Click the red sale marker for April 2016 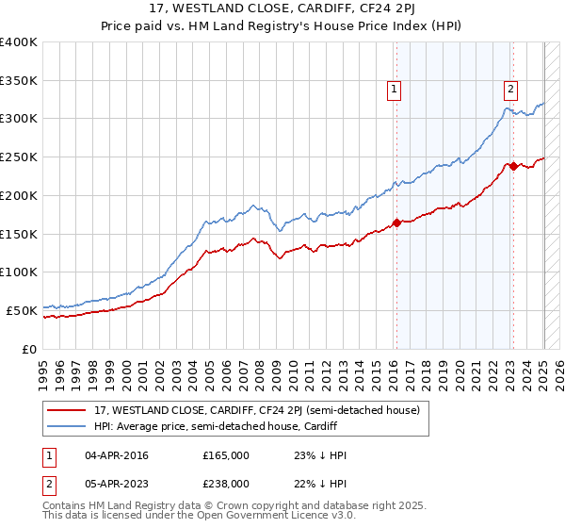tap(396, 223)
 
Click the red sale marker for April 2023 tap(513, 166)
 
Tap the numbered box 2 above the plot tap(509, 90)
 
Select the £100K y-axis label tap(19, 272)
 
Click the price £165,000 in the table tap(226, 455)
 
